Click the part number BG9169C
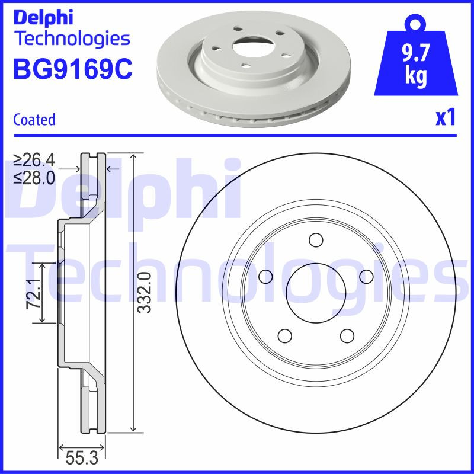tap(72, 69)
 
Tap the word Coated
tap(34, 120)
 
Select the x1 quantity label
tap(445, 118)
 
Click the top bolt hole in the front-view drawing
tap(316, 241)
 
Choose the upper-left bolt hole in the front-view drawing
tap(265, 277)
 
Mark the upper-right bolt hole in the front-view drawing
tap(366, 277)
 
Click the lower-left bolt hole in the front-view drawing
tap(285, 336)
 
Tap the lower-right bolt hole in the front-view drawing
tap(347, 336)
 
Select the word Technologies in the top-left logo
tap(71, 39)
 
